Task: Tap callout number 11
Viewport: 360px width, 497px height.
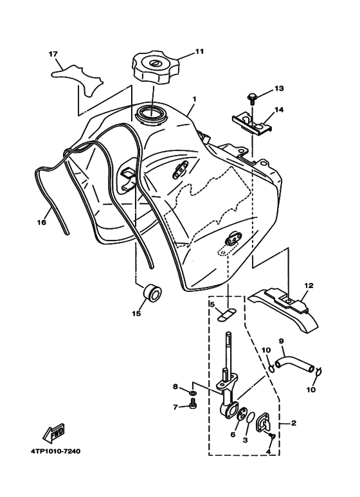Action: coord(199,50)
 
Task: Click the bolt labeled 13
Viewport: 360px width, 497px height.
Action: coord(252,98)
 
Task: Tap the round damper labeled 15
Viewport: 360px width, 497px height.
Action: coord(152,294)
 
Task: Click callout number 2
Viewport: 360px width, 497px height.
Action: coord(294,423)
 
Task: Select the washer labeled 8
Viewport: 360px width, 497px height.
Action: coord(193,392)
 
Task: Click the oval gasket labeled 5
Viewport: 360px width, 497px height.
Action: coord(226,316)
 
